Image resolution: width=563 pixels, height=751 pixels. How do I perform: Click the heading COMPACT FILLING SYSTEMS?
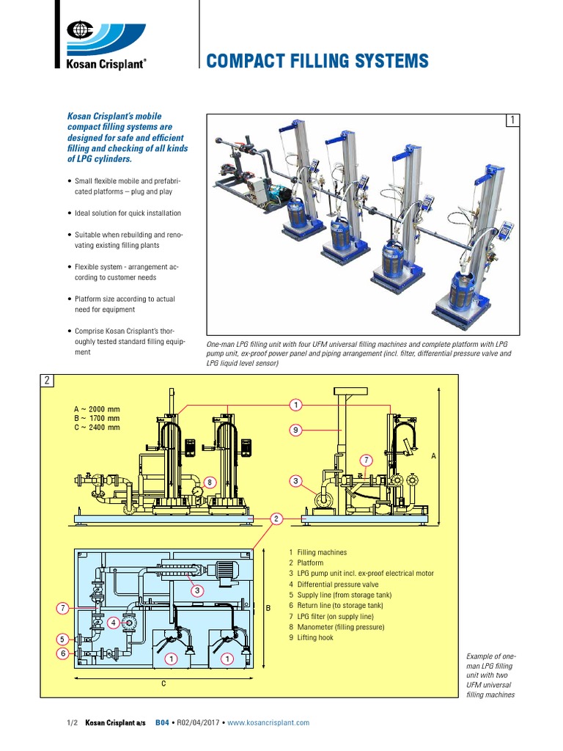tap(317, 61)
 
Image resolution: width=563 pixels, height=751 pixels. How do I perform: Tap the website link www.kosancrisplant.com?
tap(268, 722)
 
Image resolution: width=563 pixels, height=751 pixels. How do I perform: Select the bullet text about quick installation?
tap(128, 213)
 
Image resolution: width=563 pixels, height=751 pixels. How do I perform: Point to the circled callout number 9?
tap(295, 431)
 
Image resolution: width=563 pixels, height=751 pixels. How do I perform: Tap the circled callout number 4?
tap(113, 623)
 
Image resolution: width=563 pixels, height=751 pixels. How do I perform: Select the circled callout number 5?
tap(64, 638)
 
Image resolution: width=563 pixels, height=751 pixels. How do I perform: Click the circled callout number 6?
tap(64, 653)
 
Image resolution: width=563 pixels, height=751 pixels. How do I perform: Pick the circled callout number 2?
tap(276, 519)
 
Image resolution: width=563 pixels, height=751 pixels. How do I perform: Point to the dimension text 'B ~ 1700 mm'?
tap(96, 418)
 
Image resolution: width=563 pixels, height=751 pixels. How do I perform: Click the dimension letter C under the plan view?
tap(163, 684)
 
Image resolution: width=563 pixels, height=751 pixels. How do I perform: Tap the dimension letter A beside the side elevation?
tap(433, 456)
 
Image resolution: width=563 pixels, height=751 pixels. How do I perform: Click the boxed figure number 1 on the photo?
tap(513, 120)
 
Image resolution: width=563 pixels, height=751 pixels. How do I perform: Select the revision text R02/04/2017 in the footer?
tap(198, 722)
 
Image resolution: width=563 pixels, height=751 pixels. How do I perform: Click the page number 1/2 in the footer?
tap(72, 722)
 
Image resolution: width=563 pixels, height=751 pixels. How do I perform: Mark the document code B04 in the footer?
tap(162, 722)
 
